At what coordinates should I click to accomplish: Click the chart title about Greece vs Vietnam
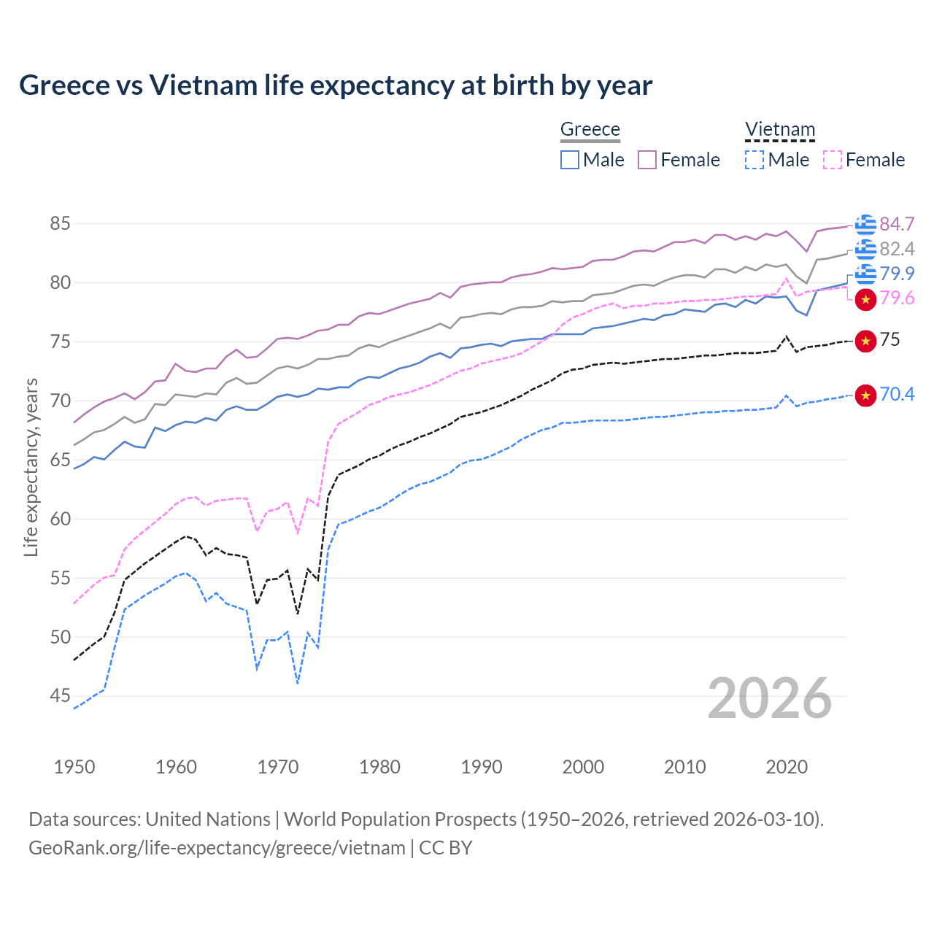[336, 85]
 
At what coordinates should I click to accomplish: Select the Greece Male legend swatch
[570, 160]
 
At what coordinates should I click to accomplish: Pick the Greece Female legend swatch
[647, 160]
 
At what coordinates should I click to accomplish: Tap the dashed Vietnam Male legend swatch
[754, 160]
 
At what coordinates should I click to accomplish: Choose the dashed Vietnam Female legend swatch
[832, 160]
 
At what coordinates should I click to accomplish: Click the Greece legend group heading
[590, 129]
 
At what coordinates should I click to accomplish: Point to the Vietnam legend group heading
[779, 129]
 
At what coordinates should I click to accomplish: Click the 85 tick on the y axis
[60, 223]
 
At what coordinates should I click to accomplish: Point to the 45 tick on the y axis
[60, 696]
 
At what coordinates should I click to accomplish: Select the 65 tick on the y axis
[60, 460]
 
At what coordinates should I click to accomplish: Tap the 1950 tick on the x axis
[74, 767]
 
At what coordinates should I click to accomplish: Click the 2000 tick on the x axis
[583, 767]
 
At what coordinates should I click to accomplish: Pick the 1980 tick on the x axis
[379, 767]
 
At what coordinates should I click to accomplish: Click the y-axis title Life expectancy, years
[31, 467]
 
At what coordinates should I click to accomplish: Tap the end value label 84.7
[897, 224]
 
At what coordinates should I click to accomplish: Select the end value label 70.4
[897, 395]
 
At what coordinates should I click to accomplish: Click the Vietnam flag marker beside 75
[865, 341]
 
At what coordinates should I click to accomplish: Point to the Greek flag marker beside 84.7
[865, 225]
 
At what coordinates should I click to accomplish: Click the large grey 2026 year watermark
[769, 698]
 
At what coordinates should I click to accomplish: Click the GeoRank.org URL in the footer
[217, 848]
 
